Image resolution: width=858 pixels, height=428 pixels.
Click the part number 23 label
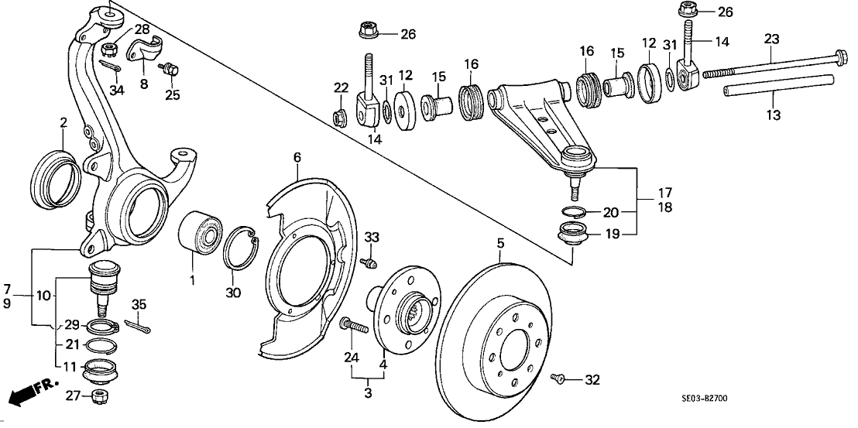tap(771, 38)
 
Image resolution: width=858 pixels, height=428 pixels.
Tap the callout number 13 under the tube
tap(774, 115)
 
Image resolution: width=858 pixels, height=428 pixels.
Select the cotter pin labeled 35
tap(128, 327)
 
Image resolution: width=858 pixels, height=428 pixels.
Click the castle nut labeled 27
tap(100, 396)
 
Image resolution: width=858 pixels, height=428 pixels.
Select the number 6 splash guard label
tap(296, 158)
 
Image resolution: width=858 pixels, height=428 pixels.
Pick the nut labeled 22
tap(338, 118)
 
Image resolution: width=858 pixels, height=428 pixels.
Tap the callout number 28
tap(142, 29)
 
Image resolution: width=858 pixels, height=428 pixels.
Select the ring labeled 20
tap(570, 211)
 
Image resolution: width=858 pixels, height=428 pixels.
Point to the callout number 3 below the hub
tap(368, 393)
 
